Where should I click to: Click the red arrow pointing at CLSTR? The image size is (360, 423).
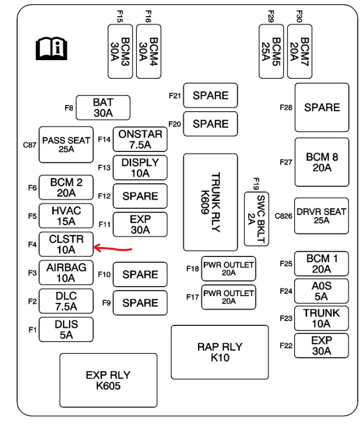click(112, 248)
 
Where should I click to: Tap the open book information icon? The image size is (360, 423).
click(52, 49)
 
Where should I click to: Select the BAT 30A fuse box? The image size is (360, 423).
click(103, 108)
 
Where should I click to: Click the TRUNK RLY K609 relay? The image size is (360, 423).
click(210, 202)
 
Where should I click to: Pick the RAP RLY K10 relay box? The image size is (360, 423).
click(220, 352)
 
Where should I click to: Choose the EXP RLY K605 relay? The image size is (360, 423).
click(108, 381)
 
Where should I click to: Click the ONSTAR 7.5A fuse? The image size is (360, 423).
click(140, 139)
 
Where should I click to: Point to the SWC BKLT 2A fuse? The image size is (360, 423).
click(256, 219)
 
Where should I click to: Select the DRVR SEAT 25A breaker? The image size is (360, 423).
click(321, 216)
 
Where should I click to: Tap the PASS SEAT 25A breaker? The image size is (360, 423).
click(66, 145)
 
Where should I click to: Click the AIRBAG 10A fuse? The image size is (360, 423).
click(66, 273)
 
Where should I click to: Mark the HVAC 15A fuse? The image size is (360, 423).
click(66, 216)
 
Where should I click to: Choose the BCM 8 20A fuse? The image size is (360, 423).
click(321, 162)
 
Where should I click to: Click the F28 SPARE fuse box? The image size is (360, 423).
click(321, 107)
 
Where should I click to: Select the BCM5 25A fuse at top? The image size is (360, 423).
click(271, 51)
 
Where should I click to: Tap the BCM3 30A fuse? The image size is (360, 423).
click(120, 51)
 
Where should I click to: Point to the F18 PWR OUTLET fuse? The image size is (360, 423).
click(228, 268)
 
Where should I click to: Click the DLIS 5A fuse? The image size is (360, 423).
click(66, 330)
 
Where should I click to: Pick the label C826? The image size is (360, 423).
click(283, 215)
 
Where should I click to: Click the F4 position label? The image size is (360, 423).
click(32, 244)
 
